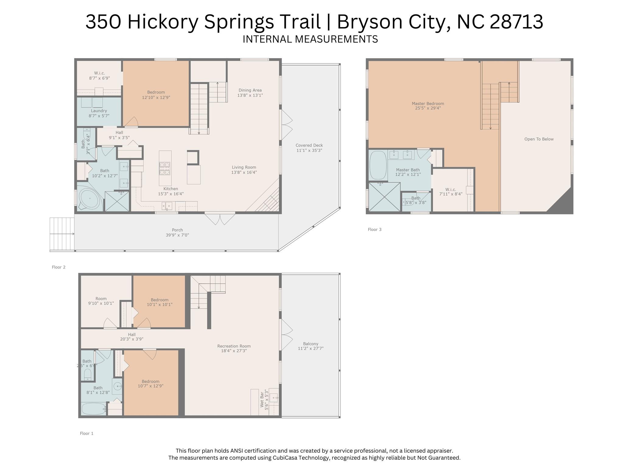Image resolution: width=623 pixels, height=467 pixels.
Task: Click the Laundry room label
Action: (99, 111)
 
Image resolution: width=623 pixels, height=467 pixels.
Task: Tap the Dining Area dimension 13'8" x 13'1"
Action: (250, 95)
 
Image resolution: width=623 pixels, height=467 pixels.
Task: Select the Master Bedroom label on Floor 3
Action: (428, 103)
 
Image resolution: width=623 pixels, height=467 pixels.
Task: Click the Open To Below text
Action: (539, 139)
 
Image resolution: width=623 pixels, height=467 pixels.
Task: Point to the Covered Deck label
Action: (309, 145)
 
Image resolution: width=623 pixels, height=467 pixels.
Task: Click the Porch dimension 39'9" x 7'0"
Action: (177, 235)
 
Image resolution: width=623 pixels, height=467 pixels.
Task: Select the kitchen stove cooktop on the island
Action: (165, 168)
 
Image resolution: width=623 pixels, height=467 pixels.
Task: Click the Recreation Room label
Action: (234, 346)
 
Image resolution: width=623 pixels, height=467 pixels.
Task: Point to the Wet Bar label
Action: (262, 399)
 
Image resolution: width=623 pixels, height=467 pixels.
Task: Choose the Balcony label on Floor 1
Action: (310, 343)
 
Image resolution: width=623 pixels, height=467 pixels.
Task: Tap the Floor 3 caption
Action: (374, 229)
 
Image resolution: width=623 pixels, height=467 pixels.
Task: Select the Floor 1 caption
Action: (86, 433)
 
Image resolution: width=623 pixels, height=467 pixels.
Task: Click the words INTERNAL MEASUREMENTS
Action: (310, 39)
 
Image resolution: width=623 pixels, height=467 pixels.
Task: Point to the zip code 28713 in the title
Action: (516, 22)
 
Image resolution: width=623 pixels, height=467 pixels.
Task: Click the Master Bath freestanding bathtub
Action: (378, 165)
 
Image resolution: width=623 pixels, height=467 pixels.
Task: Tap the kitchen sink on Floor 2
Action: (167, 206)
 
